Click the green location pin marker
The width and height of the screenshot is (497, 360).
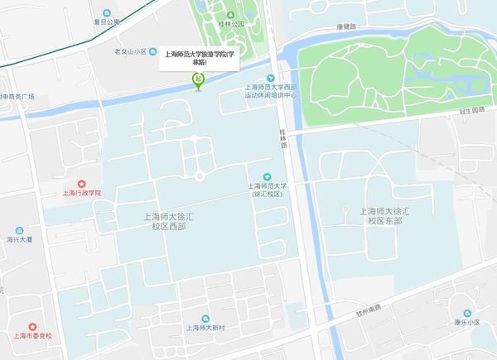(x=198, y=80)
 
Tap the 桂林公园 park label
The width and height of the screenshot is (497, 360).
(x=231, y=24)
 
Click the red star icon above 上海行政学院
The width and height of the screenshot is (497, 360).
(x=81, y=183)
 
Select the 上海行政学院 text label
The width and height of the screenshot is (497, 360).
(x=81, y=194)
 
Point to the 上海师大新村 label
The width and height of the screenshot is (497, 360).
(x=206, y=328)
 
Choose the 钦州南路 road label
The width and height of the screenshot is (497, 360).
(x=364, y=308)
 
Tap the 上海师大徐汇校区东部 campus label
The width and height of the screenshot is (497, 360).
(x=384, y=217)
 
